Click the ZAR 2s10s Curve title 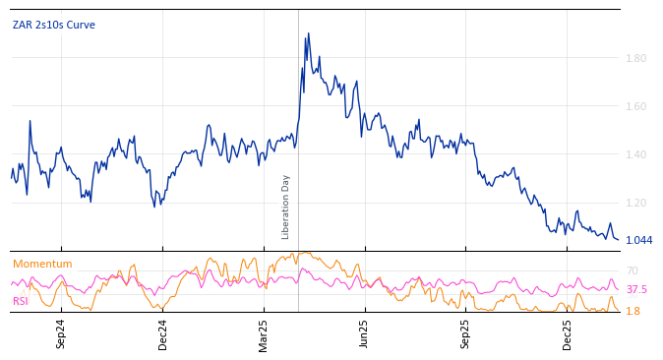click(54, 25)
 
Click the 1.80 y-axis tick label click(636, 58)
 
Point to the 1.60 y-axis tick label click(636, 106)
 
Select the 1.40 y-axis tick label click(636, 154)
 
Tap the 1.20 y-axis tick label click(636, 203)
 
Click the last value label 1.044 click(638, 240)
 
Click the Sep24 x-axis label click(61, 333)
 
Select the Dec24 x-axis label click(162, 333)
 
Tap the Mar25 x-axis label click(264, 333)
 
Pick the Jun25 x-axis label click(364, 333)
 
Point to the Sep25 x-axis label click(465, 333)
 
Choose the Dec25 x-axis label click(567, 333)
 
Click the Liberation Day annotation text click(286, 207)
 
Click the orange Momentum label click(42, 264)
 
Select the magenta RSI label click(21, 301)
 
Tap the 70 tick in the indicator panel click(632, 270)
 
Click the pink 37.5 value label click(636, 289)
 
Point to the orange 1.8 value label click(633, 311)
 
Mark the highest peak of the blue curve click(306, 33)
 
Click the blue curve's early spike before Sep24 click(30, 121)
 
